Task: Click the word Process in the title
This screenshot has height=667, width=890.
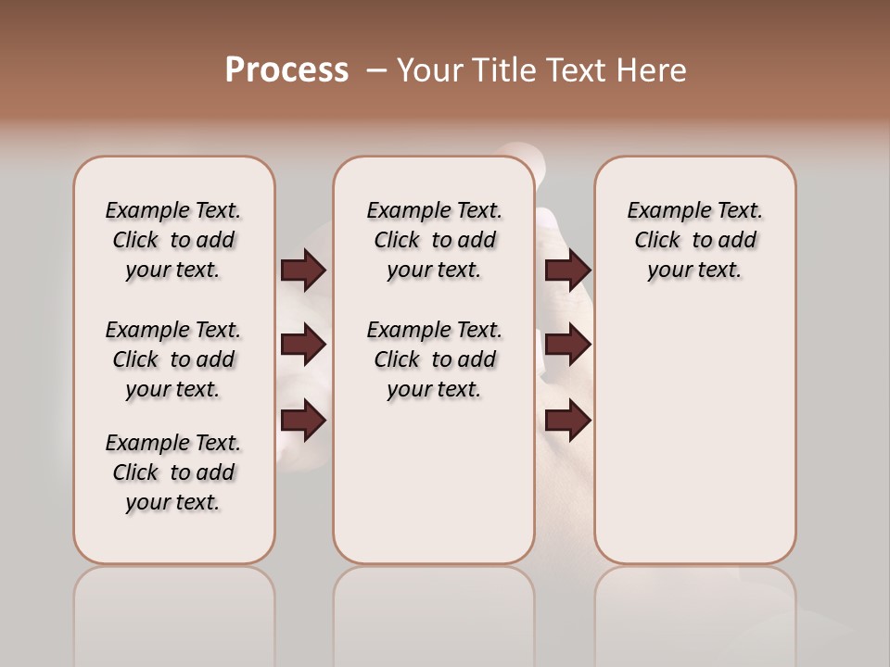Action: tap(286, 70)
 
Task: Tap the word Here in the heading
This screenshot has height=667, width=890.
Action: tap(654, 70)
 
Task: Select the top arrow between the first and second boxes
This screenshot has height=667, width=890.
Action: tap(303, 271)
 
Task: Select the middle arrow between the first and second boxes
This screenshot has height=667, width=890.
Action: tap(303, 345)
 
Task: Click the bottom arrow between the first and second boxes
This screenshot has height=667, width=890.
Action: tap(303, 421)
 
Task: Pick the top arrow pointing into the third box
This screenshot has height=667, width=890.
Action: tap(567, 271)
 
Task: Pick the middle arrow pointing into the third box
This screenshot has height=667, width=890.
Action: tap(567, 345)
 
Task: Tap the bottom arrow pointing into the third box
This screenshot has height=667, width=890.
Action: tap(567, 421)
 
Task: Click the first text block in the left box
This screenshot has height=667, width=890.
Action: tap(173, 240)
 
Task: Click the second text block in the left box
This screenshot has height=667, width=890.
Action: tap(173, 359)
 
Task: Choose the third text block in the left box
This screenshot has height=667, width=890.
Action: tap(173, 472)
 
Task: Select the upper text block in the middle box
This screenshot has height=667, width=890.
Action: tap(434, 240)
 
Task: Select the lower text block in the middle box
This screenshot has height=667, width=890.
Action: tap(434, 359)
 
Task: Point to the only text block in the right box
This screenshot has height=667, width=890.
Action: tap(694, 240)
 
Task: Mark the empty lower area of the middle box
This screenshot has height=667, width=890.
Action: tap(434, 482)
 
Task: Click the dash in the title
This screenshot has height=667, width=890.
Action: tap(376, 70)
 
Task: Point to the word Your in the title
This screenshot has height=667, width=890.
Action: tap(431, 70)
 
